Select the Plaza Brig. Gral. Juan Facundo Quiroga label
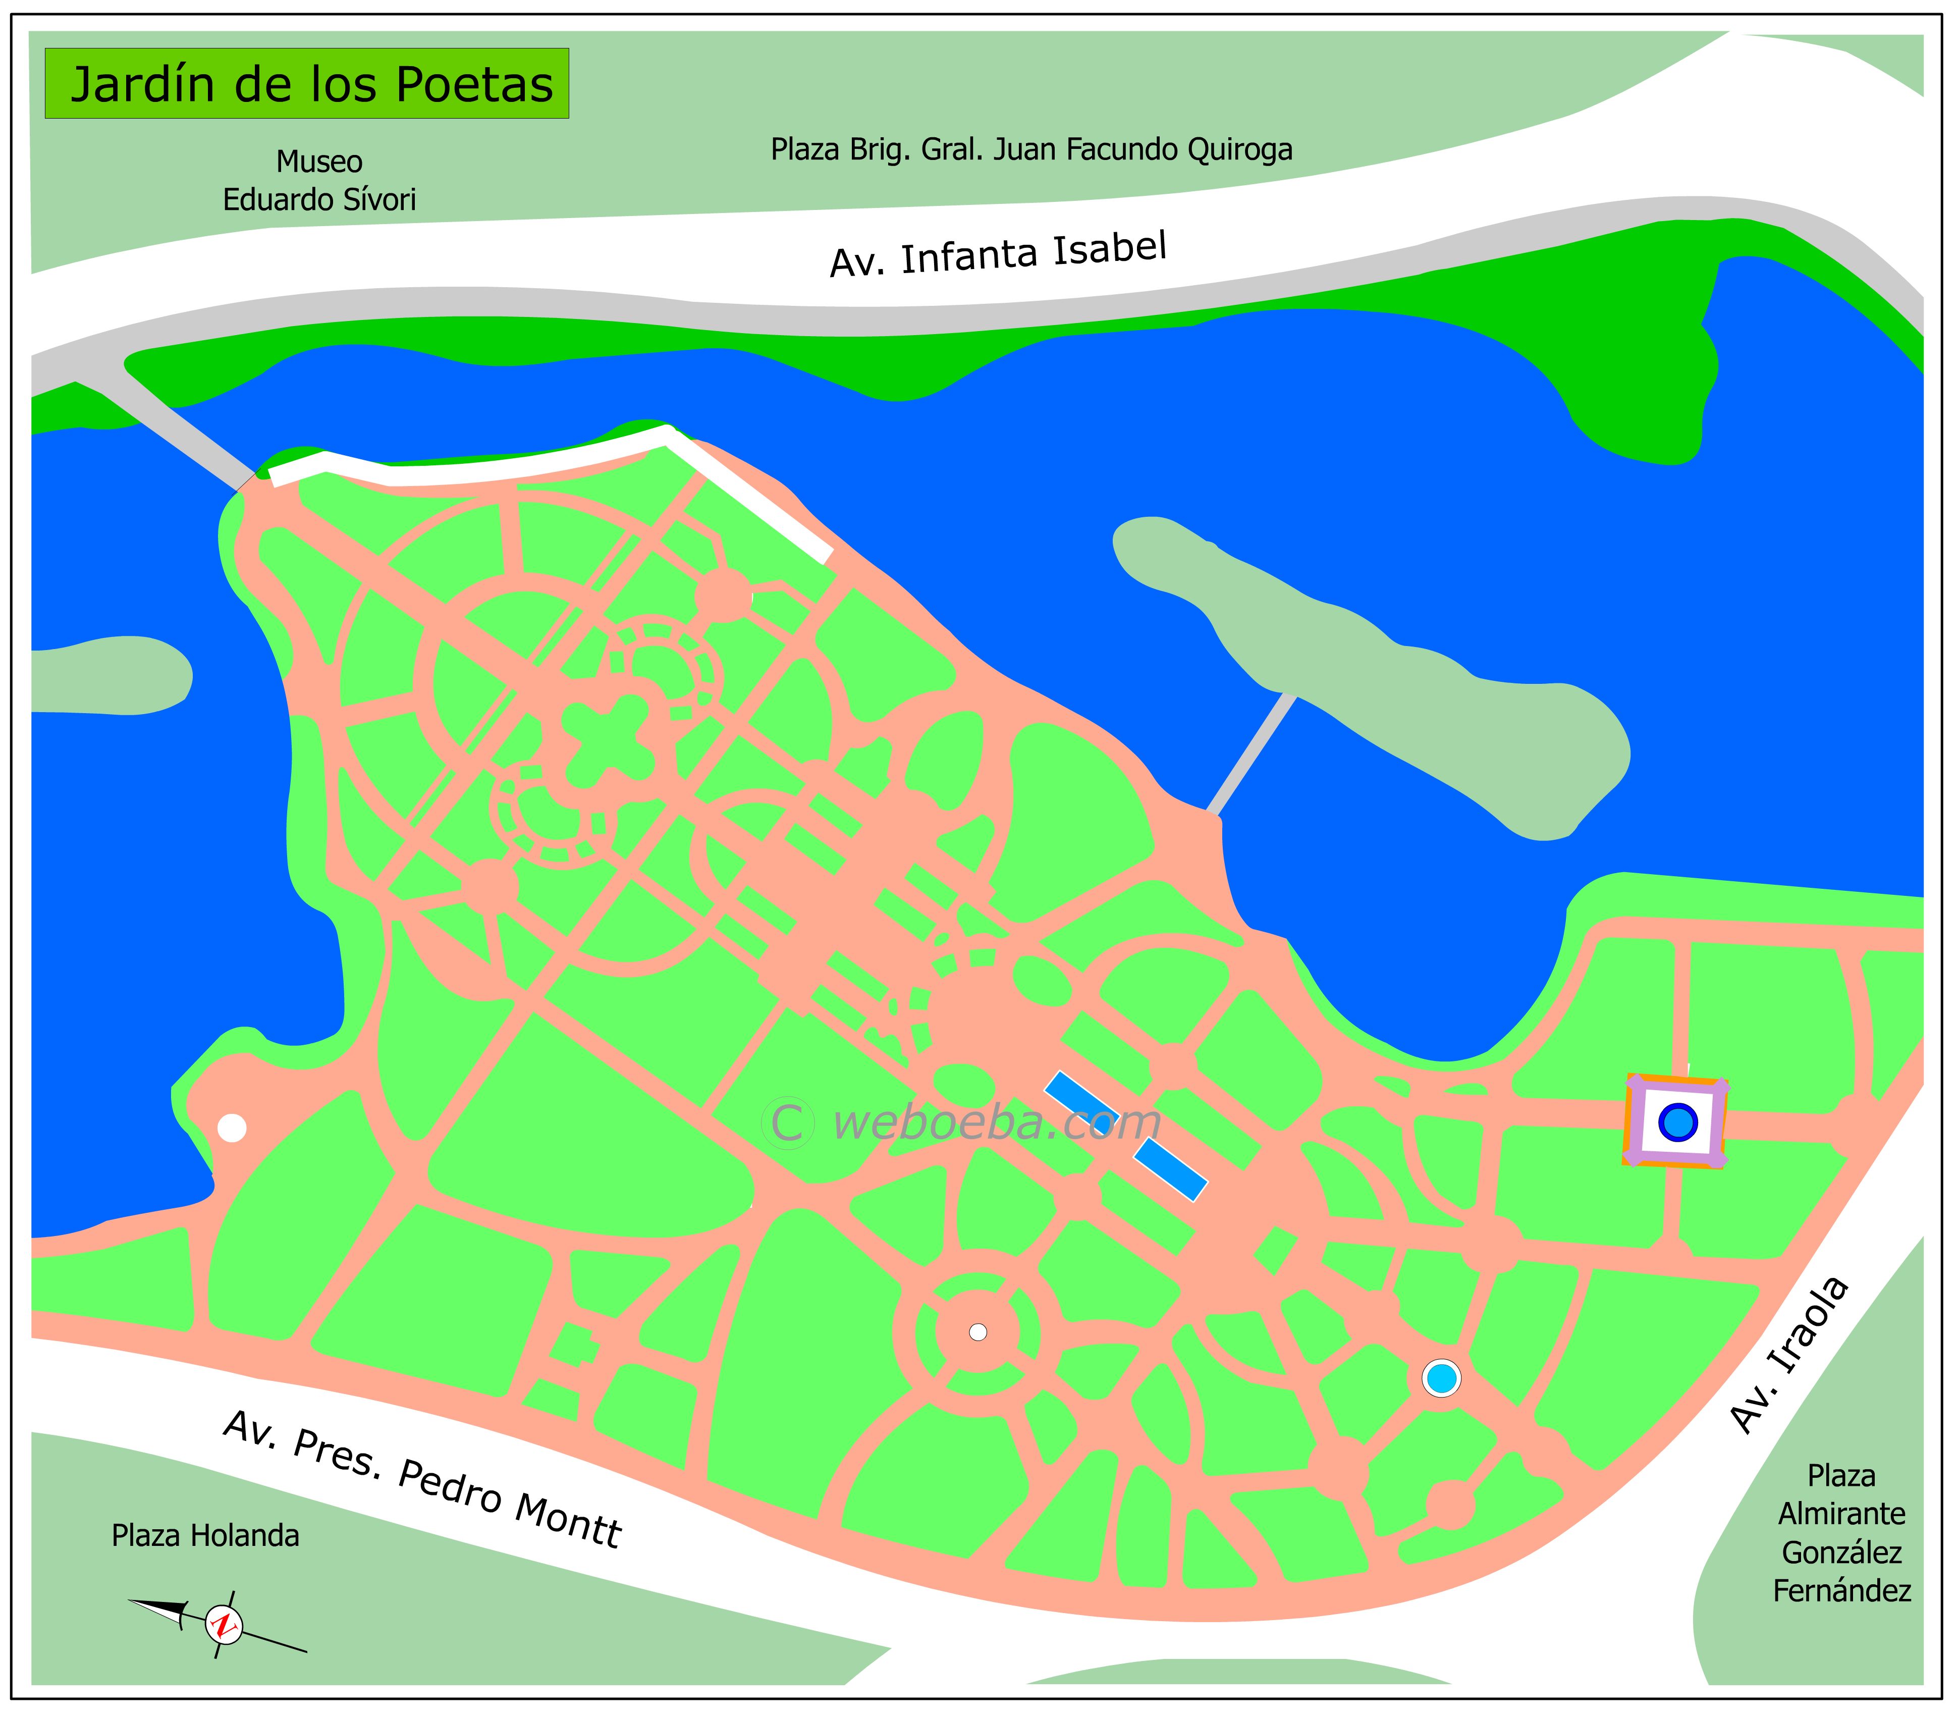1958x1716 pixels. (1031, 149)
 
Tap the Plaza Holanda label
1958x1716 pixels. (205, 1535)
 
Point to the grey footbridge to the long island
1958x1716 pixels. (1252, 754)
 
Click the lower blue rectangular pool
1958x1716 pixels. (1170, 1169)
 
